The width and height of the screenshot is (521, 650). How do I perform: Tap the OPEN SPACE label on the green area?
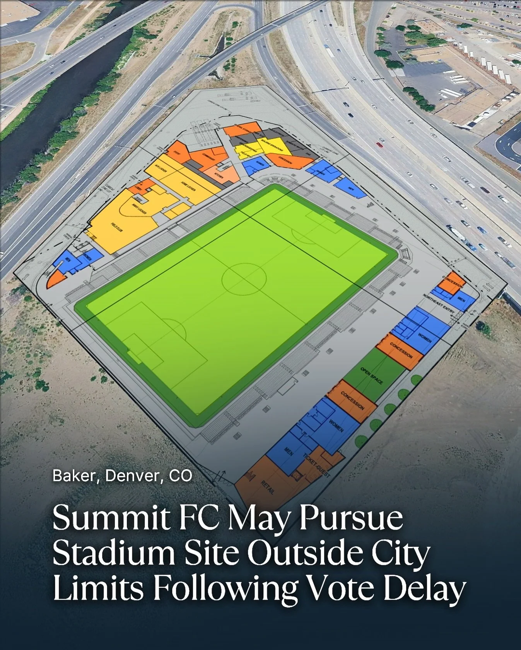[371, 376]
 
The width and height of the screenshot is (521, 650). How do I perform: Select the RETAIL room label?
[268, 487]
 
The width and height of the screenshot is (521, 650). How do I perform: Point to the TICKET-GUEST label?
[316, 465]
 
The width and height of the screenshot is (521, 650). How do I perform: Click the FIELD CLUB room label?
[117, 227]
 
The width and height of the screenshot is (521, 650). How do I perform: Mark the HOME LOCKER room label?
[188, 187]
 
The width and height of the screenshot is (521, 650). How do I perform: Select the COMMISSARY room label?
[209, 156]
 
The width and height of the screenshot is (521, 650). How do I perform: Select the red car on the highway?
[379, 145]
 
